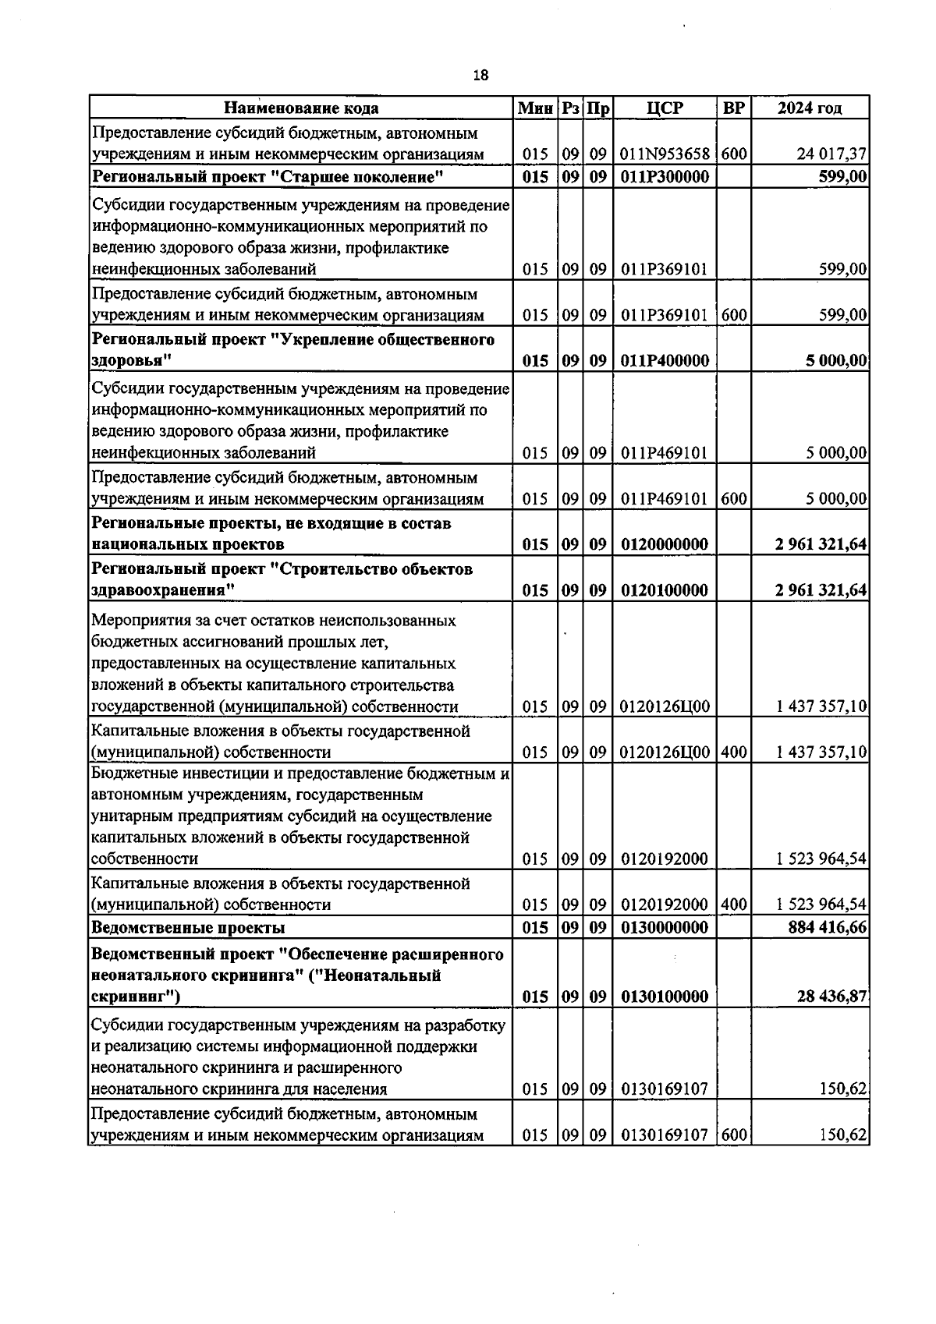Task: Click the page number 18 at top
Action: [x=480, y=76]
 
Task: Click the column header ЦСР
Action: [x=665, y=108]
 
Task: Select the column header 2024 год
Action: [x=810, y=108]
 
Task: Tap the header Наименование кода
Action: [x=301, y=108]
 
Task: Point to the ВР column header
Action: [x=733, y=108]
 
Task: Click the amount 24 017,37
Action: [x=831, y=154]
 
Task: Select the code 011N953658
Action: [x=665, y=154]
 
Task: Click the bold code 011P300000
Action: [x=665, y=177]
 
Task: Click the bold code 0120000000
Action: [x=665, y=544]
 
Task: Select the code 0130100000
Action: [x=665, y=997]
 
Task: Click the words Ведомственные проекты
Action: [x=188, y=927]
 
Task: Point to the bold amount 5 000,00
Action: [x=838, y=360]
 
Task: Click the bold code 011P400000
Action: [x=665, y=360]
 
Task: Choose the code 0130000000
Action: [x=665, y=927]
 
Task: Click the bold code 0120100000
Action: [x=665, y=590]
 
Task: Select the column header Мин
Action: [x=535, y=108]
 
